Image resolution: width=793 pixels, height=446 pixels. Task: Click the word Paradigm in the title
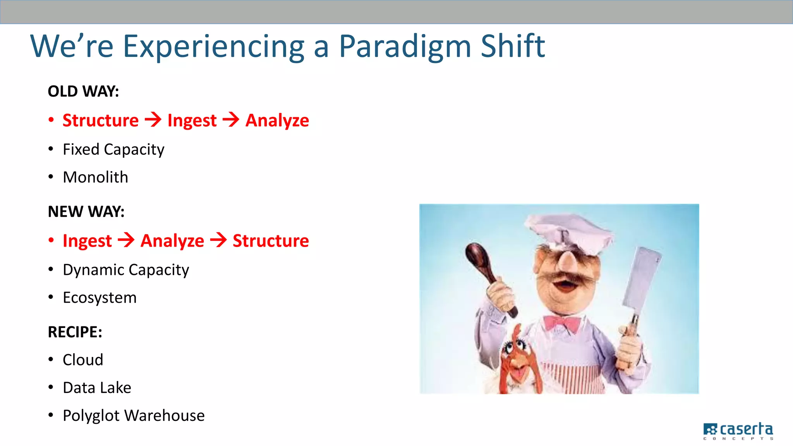click(405, 46)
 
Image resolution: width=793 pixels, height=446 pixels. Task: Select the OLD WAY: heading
click(83, 92)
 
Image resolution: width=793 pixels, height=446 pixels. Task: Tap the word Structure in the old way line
click(101, 120)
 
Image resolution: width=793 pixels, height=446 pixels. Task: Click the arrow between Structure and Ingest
click(153, 120)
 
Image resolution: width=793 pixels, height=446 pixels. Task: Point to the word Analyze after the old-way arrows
click(277, 120)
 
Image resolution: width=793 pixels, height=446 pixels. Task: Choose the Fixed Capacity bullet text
click(113, 150)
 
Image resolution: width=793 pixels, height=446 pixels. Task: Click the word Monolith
click(95, 177)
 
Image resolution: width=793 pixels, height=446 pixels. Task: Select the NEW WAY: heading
click(86, 212)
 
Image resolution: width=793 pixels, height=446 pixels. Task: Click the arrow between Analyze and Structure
click(218, 240)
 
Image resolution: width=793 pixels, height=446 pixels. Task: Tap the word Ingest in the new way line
click(87, 241)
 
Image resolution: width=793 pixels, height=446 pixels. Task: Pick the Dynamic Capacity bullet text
click(126, 270)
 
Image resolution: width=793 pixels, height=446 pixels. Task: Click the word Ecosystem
click(100, 298)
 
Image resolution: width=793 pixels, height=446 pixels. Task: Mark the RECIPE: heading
click(75, 332)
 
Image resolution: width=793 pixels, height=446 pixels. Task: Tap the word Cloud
click(83, 360)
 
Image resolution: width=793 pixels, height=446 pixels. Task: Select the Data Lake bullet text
click(97, 388)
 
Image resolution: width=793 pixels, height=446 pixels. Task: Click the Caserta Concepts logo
click(738, 431)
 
